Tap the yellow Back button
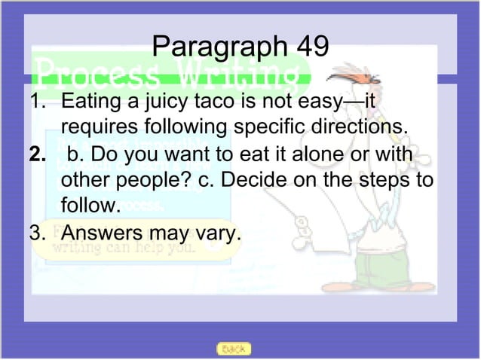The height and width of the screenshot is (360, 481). (234, 349)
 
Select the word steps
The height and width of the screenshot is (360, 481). (392, 182)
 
